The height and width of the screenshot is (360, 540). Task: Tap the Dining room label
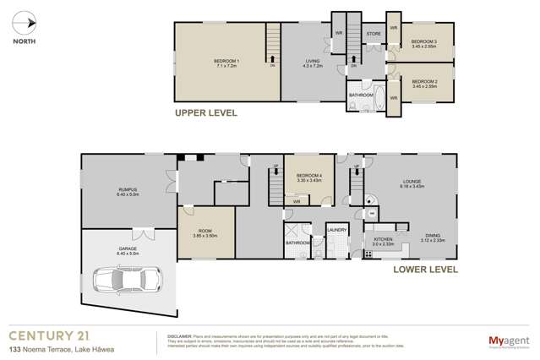coord(433,236)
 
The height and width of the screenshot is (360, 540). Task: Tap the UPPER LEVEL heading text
coord(205,112)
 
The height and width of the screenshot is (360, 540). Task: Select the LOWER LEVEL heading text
coord(425,270)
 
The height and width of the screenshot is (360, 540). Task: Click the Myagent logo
coord(508,341)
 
